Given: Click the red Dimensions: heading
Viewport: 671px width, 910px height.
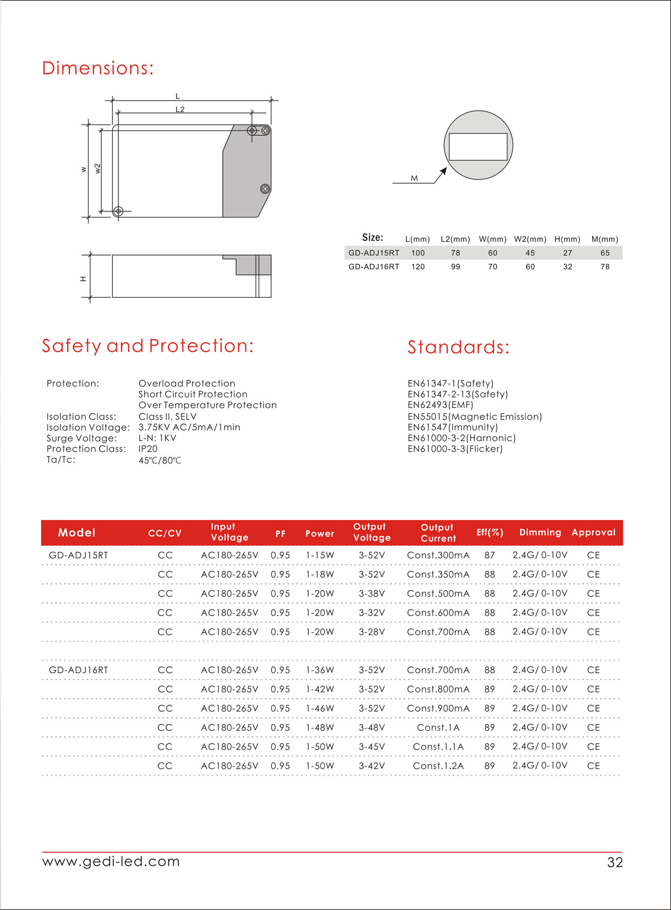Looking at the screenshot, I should click(x=98, y=68).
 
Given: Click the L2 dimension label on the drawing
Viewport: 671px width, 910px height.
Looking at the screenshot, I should click(x=180, y=110).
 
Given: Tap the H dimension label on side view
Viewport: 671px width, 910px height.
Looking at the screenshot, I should click(x=83, y=279).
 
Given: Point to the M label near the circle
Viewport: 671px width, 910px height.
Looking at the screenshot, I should click(x=414, y=178).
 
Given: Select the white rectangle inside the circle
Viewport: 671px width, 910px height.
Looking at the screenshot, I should click(x=478, y=147).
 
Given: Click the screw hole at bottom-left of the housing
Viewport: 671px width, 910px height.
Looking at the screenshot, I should click(x=118, y=211).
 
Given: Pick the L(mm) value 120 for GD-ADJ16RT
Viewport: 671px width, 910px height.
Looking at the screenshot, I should click(x=418, y=267).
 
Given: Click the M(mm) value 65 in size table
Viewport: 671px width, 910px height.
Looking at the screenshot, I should click(x=605, y=253).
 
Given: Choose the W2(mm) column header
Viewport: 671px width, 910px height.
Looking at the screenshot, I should click(x=530, y=239).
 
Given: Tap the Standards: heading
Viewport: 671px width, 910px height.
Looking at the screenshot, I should click(x=458, y=347).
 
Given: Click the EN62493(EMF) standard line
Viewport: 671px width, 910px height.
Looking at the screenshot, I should click(x=440, y=405).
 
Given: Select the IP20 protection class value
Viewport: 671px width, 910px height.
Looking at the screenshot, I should click(x=148, y=449).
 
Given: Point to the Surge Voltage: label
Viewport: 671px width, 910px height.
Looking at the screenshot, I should click(x=82, y=438).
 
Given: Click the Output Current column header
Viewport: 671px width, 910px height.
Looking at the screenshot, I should click(x=438, y=533).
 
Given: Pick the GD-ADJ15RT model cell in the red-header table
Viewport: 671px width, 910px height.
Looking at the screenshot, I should click(x=78, y=555).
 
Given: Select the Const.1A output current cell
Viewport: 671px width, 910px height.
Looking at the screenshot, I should click(x=438, y=727).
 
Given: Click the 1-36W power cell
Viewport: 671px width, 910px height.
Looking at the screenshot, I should click(x=320, y=670).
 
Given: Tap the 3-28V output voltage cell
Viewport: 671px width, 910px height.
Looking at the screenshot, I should click(x=372, y=632).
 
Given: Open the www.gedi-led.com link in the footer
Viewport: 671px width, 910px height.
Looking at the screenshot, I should click(x=111, y=861).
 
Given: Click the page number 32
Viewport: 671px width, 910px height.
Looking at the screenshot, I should click(x=615, y=862).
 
